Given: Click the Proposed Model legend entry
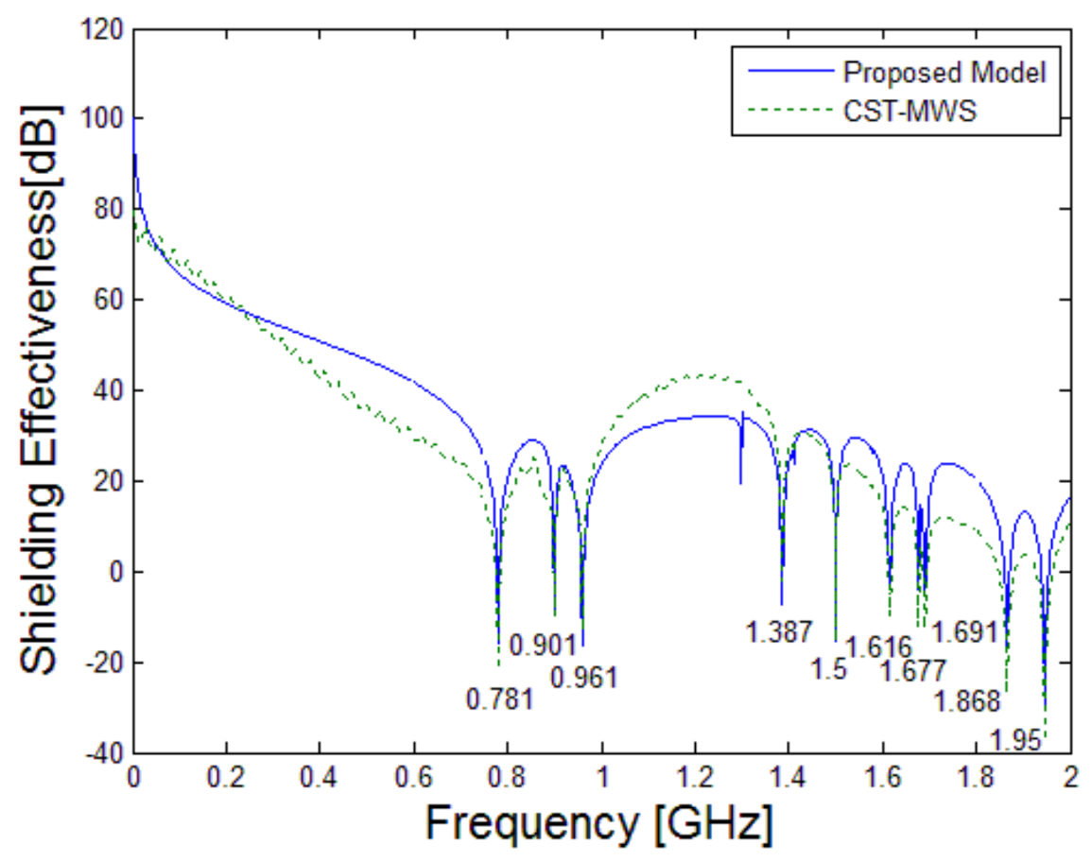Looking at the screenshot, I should pyautogui.click(x=945, y=73).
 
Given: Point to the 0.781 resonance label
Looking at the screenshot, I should pyautogui.click(x=500, y=699).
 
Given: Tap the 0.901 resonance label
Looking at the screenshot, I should pyautogui.click(x=543, y=646).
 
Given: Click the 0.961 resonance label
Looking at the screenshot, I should pyautogui.click(x=584, y=678).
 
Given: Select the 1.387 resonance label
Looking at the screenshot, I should pyautogui.click(x=778, y=632).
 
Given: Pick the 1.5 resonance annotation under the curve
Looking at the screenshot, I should pyautogui.click(x=828, y=669).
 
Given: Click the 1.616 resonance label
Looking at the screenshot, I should pyautogui.click(x=878, y=647).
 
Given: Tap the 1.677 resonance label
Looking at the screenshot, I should pyautogui.click(x=913, y=672).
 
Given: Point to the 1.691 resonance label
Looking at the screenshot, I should pyautogui.click(x=966, y=630).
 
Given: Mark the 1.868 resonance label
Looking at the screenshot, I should pyautogui.click(x=966, y=701).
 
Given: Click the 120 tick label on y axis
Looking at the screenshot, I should pyautogui.click(x=102, y=31).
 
